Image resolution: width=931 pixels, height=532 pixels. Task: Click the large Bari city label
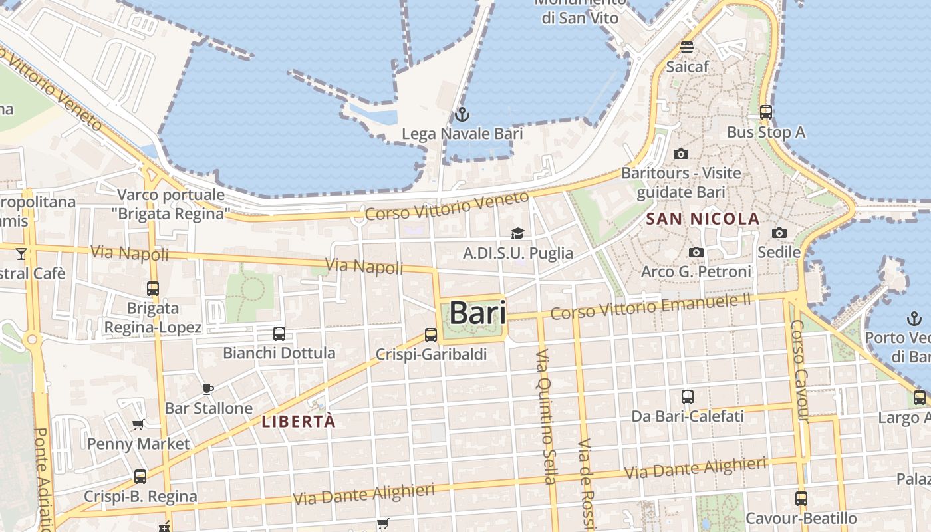(x=477, y=313)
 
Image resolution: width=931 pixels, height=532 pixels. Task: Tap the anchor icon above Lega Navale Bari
(x=462, y=114)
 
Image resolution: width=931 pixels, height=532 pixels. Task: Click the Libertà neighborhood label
(x=299, y=421)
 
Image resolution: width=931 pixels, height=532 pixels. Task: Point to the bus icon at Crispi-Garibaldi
(x=431, y=335)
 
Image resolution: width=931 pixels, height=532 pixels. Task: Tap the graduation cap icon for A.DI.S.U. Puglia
(x=517, y=233)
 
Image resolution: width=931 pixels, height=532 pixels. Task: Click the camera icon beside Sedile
(x=779, y=233)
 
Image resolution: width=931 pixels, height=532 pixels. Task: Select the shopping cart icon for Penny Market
(x=138, y=424)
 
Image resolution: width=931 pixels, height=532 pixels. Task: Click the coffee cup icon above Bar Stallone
(x=208, y=388)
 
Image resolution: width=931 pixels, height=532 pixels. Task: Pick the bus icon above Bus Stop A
(x=765, y=112)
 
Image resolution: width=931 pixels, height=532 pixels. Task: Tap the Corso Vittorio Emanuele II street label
(x=650, y=307)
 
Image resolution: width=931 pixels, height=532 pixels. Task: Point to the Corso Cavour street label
(x=799, y=370)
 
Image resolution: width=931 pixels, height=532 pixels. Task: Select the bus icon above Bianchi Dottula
(x=279, y=333)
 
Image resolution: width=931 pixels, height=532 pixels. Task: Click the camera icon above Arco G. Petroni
(x=696, y=252)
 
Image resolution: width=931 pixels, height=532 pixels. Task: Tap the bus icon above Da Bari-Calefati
(x=688, y=397)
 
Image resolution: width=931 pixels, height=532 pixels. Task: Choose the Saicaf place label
(x=687, y=66)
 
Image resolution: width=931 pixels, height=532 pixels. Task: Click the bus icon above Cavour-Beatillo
(x=801, y=498)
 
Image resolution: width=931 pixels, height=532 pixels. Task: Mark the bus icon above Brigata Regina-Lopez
(x=153, y=289)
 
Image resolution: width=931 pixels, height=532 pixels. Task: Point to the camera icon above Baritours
(x=680, y=154)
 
